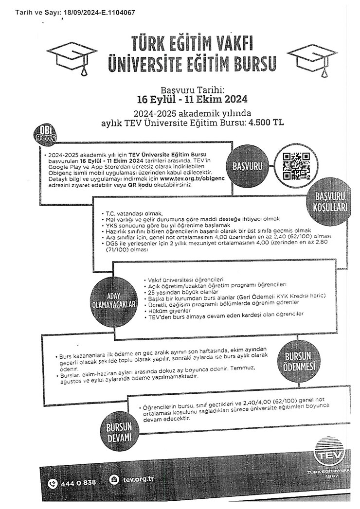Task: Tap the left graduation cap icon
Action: [x=72, y=57]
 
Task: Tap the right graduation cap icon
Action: [x=312, y=57]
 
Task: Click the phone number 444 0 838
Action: [x=78, y=482]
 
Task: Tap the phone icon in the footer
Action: [x=53, y=483]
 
